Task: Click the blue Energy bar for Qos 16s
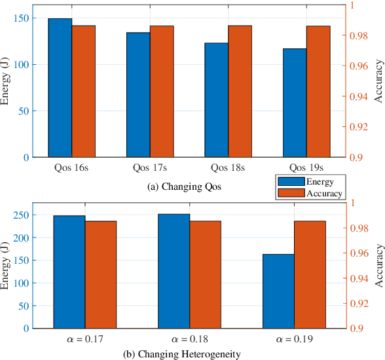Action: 60,88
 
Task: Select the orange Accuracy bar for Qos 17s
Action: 162,92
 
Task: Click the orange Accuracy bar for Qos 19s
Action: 318,92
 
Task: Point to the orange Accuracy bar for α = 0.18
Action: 205,274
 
